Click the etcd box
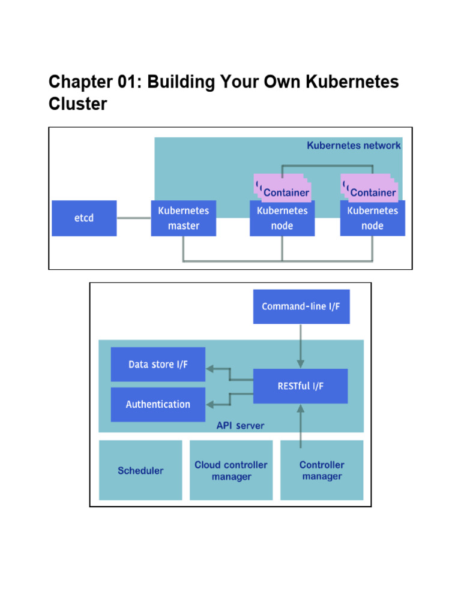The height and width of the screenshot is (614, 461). (84, 218)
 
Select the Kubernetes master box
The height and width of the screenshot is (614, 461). (184, 218)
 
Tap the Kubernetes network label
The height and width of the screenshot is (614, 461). (354, 145)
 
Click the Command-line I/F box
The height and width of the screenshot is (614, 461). (301, 306)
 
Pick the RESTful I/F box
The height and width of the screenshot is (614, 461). (301, 386)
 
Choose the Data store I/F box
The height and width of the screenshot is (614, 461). (158, 365)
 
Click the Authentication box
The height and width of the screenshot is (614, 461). (158, 405)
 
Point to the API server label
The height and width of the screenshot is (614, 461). (240, 426)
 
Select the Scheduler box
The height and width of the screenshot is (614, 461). (140, 471)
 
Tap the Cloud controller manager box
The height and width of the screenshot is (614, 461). (231, 471)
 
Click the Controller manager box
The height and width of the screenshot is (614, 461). (322, 471)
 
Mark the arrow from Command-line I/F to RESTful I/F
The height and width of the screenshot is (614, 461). (301, 347)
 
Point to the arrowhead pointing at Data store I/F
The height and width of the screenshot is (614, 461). (210, 368)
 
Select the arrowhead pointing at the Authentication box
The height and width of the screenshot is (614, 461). (210, 404)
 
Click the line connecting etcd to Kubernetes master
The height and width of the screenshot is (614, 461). (134, 218)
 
